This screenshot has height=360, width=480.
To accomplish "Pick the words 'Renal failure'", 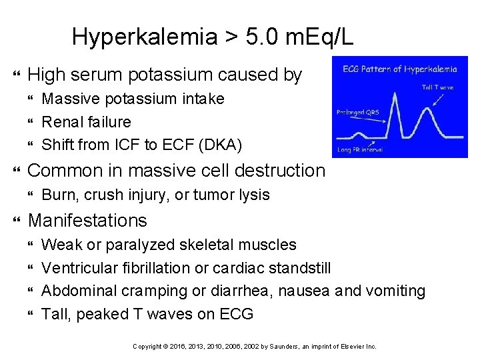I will [87, 121].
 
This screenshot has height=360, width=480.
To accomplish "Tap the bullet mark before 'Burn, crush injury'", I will [31, 195].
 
